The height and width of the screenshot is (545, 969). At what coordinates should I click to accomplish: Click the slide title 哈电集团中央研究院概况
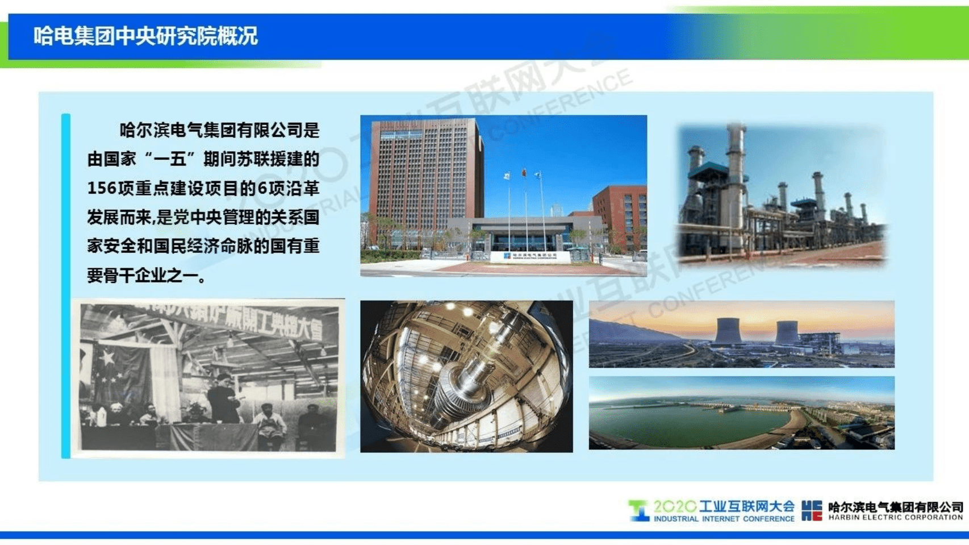[145, 36]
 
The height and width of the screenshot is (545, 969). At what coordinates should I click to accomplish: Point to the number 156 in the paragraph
[101, 188]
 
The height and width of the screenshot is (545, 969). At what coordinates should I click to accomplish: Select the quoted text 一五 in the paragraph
[170, 159]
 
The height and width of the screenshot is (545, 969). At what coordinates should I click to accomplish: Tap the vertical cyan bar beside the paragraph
[66, 284]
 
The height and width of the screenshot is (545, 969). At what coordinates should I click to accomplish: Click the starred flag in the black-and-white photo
[110, 369]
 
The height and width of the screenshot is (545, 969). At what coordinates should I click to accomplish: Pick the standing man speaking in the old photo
[223, 398]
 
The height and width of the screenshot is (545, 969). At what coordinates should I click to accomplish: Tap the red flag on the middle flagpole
[524, 172]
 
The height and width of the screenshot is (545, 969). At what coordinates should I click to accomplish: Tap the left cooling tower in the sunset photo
[728, 331]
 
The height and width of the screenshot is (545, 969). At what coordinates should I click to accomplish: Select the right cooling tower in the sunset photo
[787, 332]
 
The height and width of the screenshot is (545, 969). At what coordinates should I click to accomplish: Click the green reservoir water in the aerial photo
[682, 423]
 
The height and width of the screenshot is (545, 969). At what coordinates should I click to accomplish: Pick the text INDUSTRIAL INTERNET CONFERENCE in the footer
[724, 519]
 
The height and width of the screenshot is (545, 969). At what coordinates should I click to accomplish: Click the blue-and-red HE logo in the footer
[812, 510]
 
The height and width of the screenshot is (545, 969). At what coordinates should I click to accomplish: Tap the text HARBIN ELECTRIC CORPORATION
[895, 517]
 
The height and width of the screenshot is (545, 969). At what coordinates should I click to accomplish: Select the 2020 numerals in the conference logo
[674, 506]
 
